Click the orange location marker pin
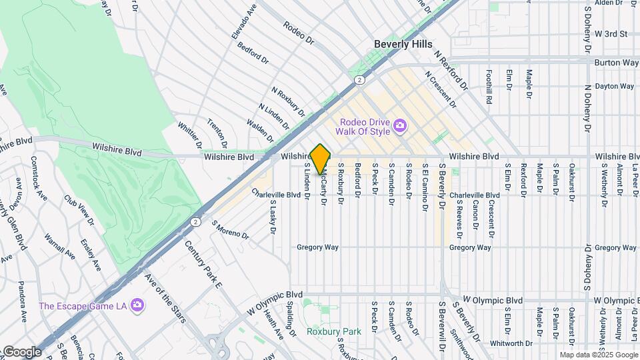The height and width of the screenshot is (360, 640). click(321, 159)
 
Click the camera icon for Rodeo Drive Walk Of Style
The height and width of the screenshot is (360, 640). click(400, 125)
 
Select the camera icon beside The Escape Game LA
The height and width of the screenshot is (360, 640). click(137, 305)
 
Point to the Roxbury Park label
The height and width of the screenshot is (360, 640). click(325, 331)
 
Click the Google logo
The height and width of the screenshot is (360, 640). click(21, 351)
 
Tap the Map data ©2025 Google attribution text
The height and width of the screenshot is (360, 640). click(597, 355)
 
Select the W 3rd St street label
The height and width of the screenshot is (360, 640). click(611, 33)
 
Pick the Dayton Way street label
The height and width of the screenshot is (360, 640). click(614, 86)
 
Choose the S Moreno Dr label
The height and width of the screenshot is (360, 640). click(230, 230)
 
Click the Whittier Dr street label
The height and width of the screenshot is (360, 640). click(189, 134)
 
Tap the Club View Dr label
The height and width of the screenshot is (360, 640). click(79, 209)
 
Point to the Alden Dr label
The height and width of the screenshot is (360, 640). click(612, 3)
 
